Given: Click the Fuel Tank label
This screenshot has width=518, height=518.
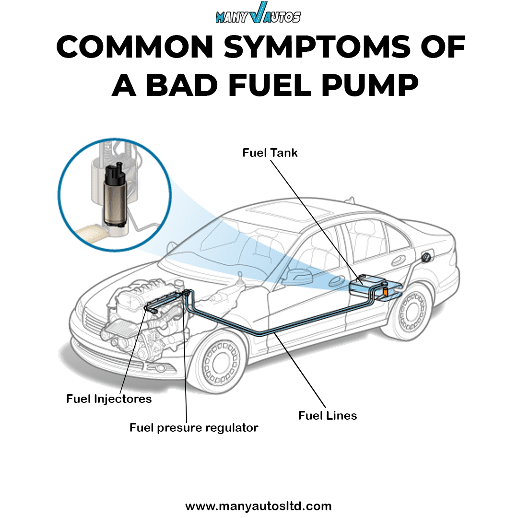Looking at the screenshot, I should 270,153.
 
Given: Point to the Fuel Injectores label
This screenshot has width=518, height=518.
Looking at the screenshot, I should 109,399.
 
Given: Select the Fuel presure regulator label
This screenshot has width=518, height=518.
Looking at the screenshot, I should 194,427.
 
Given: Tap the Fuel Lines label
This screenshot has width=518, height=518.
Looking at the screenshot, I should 328,415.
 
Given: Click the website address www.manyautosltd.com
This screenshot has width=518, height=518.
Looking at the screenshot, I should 258,506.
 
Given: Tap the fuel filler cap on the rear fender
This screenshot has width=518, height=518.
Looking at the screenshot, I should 424,258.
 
